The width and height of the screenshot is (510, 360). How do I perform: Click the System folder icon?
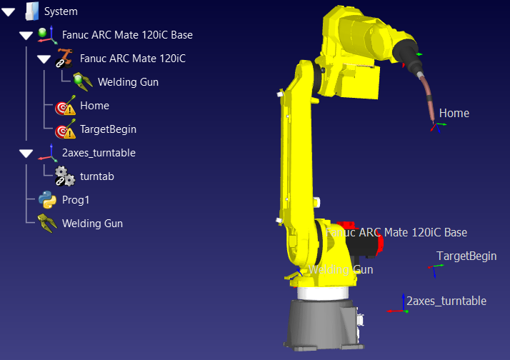pos(32,11)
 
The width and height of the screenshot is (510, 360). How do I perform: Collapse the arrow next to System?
pos(8,12)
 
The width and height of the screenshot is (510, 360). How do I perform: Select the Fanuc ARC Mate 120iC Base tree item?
pos(127,35)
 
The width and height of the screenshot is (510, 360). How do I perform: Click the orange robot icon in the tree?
pos(64,58)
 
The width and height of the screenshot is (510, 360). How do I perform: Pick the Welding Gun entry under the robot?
pos(128,82)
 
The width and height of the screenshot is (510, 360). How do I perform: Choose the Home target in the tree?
pos(94,106)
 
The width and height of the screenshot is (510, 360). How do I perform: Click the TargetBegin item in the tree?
pos(108,129)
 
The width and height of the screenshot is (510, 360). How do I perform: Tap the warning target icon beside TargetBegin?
pos(66,129)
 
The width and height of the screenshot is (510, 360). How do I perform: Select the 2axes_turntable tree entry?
pos(99,153)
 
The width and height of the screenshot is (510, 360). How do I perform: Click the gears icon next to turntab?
pos(65,176)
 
